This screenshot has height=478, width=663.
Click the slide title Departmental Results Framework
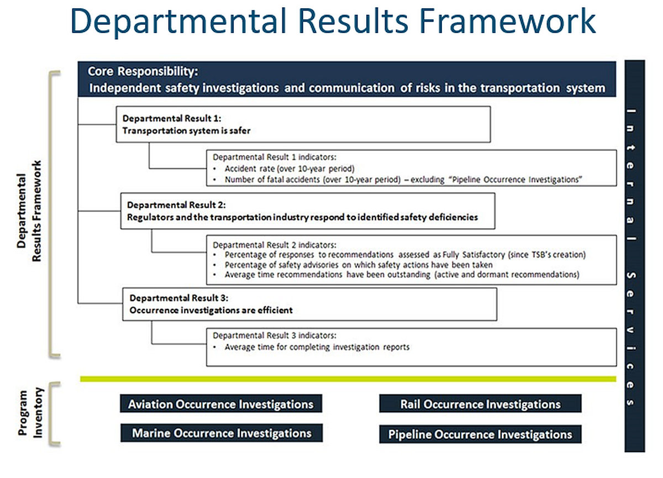[x=333, y=23]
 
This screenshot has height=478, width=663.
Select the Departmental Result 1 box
[x=303, y=124]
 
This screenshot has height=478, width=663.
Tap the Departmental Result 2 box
[x=307, y=211]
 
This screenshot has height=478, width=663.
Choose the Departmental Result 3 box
[x=309, y=304]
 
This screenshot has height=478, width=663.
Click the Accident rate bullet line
[x=289, y=169]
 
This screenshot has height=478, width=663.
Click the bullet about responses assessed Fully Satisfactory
[x=404, y=255]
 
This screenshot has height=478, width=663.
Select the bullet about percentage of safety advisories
[x=358, y=265]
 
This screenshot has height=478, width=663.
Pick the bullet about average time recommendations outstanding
[x=401, y=275]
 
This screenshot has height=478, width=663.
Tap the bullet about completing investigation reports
[x=317, y=347]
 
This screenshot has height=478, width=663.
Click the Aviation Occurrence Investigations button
[x=221, y=404]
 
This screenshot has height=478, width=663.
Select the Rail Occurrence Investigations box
[x=480, y=404]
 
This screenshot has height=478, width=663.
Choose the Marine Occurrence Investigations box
[x=221, y=433]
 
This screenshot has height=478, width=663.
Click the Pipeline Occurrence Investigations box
[x=480, y=434]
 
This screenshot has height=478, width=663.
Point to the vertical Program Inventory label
[x=31, y=413]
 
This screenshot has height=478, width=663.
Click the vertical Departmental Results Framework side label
[x=31, y=212]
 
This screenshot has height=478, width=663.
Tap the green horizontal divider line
[x=348, y=379]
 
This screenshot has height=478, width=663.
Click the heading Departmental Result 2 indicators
[x=274, y=245]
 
